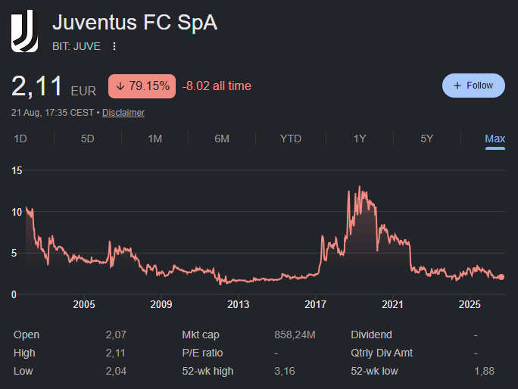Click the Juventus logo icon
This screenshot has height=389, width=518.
24,31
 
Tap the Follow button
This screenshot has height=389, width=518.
473,86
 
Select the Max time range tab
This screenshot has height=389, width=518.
495,138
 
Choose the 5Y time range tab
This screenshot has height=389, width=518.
426,138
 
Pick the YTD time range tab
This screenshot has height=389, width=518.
290,138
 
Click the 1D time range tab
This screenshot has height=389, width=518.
20,138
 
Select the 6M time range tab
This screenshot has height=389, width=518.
222,138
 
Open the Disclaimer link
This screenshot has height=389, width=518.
123,113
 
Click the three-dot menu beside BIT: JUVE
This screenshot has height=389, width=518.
114,46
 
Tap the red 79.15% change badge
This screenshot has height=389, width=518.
142,86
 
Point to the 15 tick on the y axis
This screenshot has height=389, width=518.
17,170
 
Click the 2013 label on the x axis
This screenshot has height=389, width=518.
239,304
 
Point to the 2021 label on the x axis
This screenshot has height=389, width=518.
392,304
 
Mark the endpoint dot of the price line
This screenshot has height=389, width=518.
501,277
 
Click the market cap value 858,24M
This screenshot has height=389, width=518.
295,335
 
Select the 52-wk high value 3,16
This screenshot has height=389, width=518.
285,371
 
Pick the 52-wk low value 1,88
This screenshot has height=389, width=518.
485,371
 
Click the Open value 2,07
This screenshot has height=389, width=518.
116,335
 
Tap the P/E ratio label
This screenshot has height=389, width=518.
202,353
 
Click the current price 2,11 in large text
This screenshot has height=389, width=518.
36,86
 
